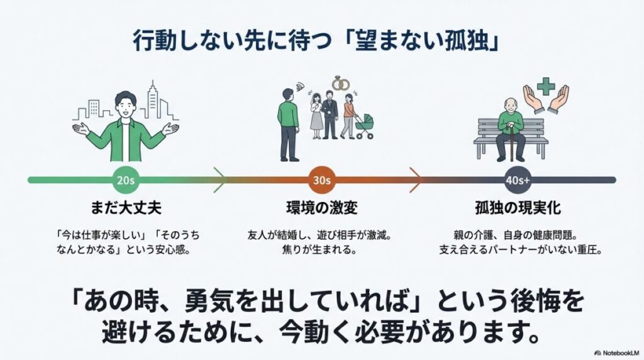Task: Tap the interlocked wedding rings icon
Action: [x=340, y=82]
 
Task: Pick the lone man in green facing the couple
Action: [x=289, y=123]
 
